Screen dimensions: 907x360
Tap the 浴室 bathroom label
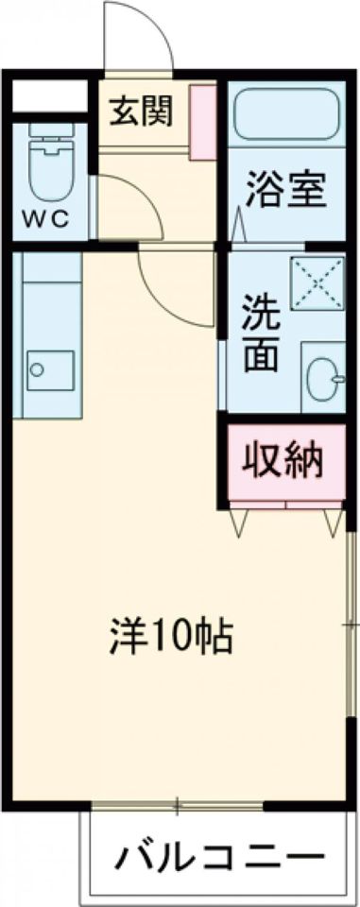[286, 189]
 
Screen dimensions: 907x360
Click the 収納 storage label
[284, 461]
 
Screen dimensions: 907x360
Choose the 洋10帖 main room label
[167, 639]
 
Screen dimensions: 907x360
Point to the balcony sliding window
[177, 805]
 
